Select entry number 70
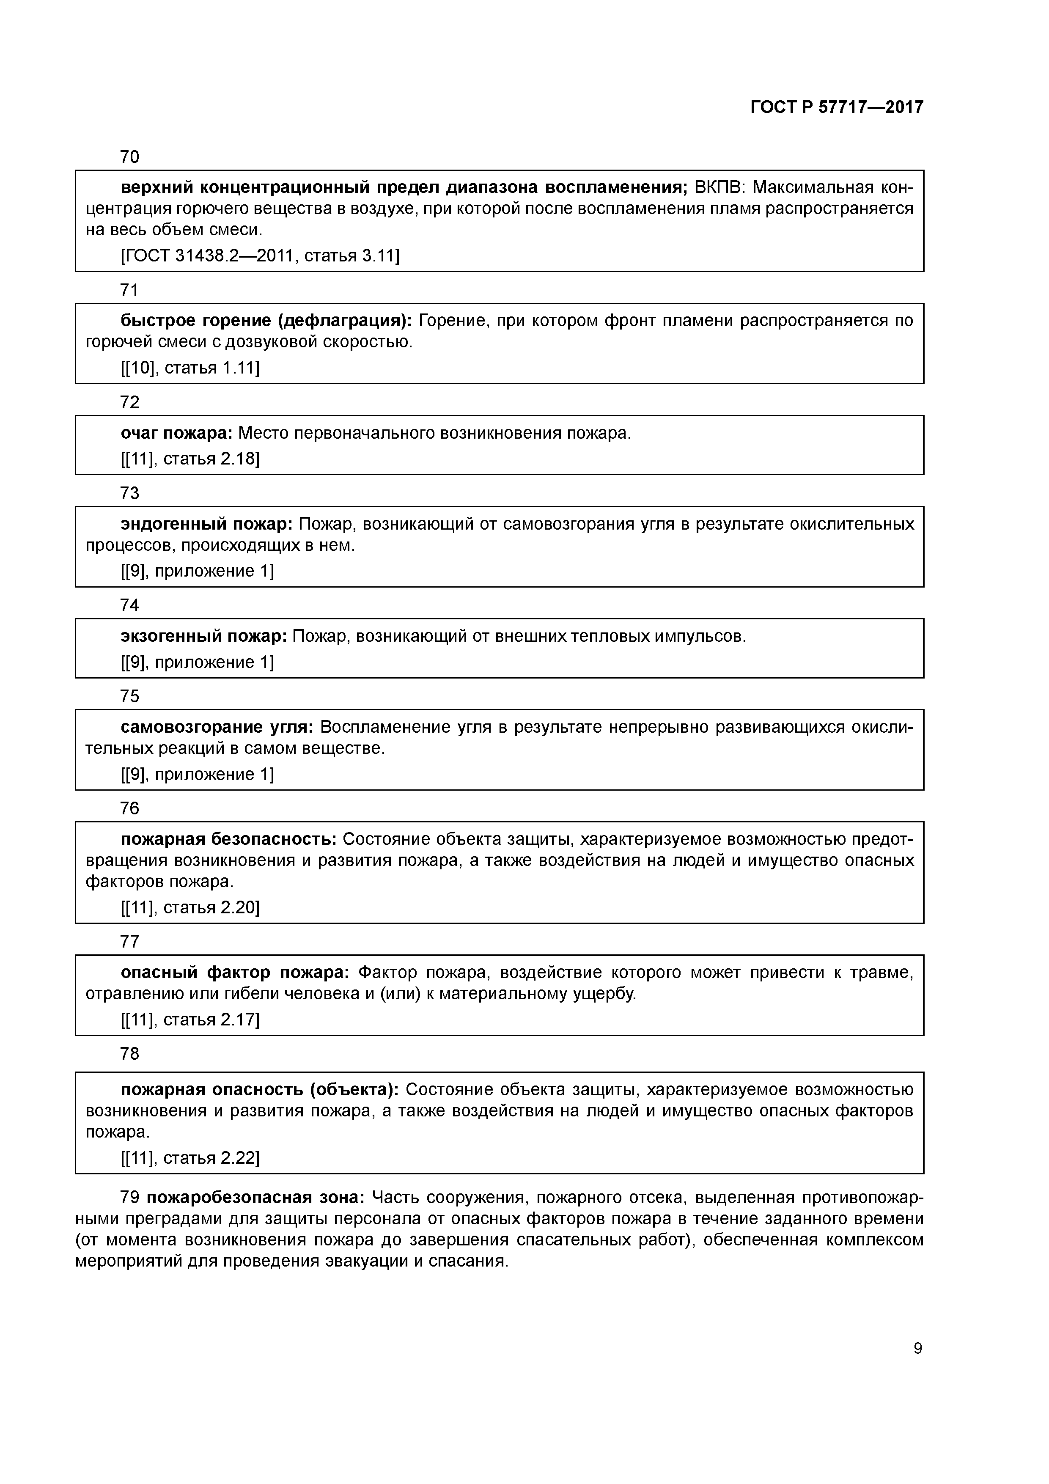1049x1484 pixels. [x=130, y=157]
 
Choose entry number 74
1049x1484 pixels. [x=130, y=605]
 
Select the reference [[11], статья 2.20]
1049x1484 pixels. [x=190, y=907]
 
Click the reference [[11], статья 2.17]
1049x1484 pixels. [x=190, y=1019]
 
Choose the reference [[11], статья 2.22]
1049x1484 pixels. [x=190, y=1157]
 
